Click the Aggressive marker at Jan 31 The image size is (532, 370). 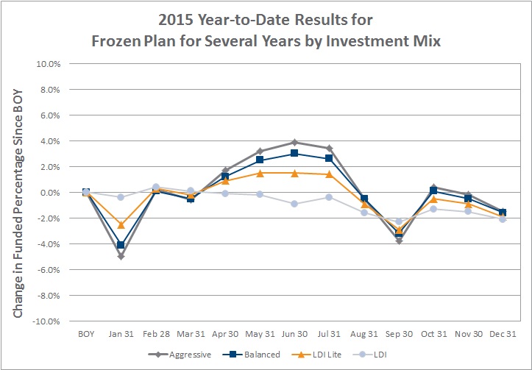(x=121, y=257)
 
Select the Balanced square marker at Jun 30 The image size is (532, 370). (x=294, y=153)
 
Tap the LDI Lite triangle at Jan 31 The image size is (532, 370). (x=121, y=224)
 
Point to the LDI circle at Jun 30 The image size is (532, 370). (x=294, y=204)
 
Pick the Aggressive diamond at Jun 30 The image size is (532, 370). (x=294, y=142)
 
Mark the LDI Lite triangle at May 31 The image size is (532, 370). (x=260, y=174)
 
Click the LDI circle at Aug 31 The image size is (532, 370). (x=364, y=213)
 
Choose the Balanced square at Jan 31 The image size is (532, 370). (x=121, y=245)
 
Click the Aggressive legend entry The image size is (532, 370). (x=180, y=355)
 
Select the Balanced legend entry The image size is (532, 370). (x=252, y=355)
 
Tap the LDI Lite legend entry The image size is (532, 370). (x=316, y=355)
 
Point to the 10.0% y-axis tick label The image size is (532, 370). (x=48, y=64)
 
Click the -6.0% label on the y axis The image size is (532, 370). (x=48, y=270)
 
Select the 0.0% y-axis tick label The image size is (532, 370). (x=49, y=193)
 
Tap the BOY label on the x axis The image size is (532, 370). (x=86, y=334)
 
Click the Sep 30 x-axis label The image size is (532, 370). (x=399, y=334)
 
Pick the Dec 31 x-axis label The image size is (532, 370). (x=503, y=334)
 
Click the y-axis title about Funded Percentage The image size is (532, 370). (x=18, y=204)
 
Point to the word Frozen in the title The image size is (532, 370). (x=116, y=41)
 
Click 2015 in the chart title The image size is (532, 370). (x=175, y=20)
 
